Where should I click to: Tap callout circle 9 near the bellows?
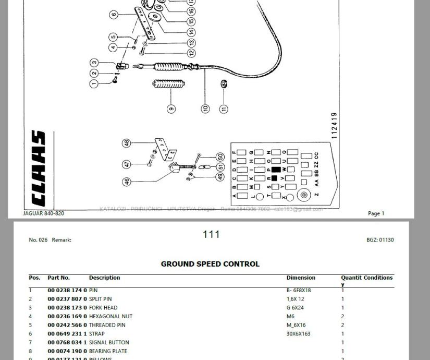[x=171, y=109]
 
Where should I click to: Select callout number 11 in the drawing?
[x=224, y=109]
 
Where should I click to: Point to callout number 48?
[x=127, y=143]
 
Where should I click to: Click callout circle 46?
[x=127, y=182]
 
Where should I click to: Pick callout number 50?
[x=220, y=157]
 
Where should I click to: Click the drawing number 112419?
[x=334, y=125]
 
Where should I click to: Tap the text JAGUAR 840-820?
[x=44, y=213]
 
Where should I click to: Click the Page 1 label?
[x=376, y=213]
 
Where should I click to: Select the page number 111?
[x=211, y=235]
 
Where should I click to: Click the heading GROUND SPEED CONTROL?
[x=210, y=264]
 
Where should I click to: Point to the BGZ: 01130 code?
[x=380, y=240]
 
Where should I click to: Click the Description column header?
[x=104, y=278]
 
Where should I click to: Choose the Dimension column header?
[x=301, y=278]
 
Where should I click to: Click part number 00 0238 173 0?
[x=67, y=308]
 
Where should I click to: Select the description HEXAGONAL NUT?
[x=110, y=316]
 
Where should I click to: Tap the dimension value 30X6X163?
[x=298, y=334]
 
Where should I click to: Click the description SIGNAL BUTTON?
[x=109, y=343]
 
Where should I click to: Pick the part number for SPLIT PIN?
[x=67, y=299]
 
